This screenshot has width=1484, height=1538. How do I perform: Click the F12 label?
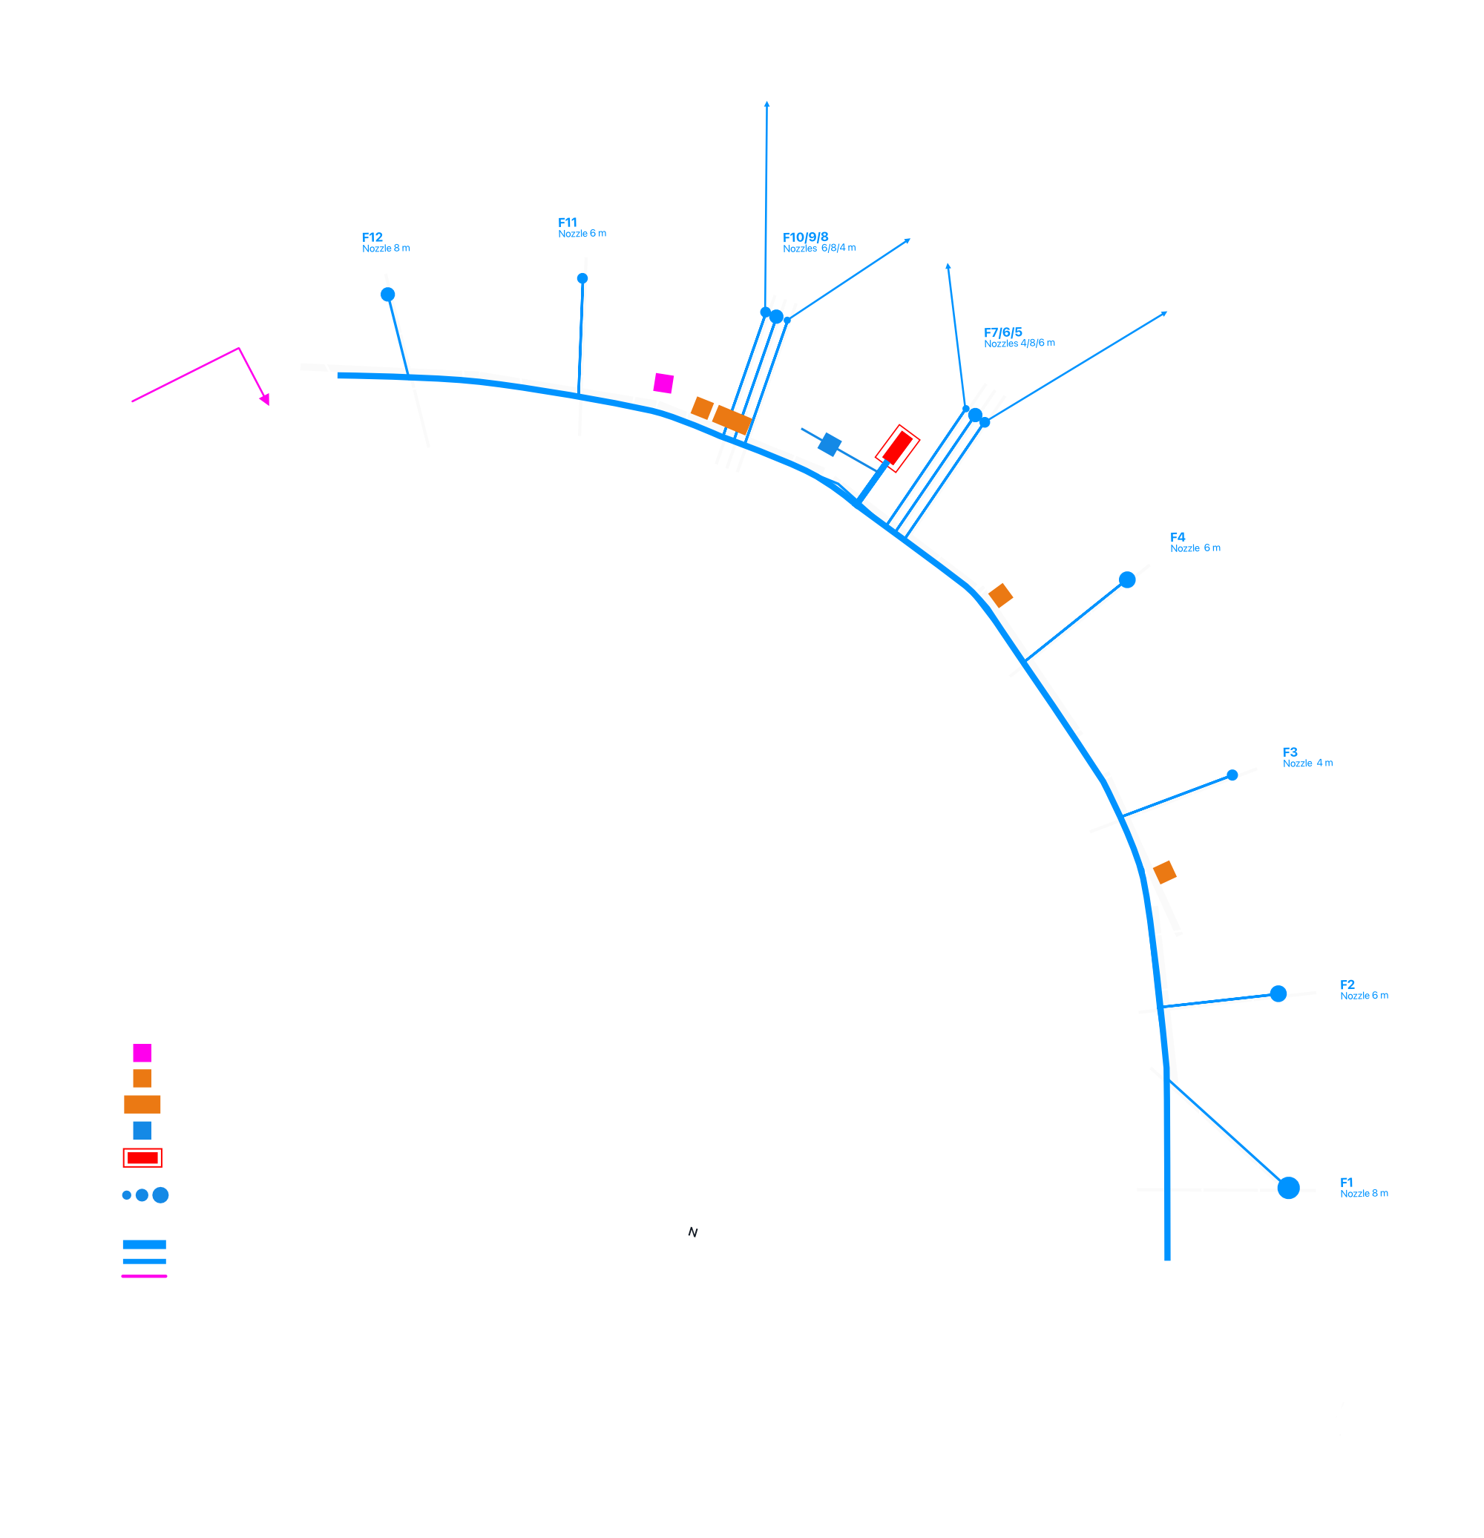372,237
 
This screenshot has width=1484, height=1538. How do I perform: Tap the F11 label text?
568,223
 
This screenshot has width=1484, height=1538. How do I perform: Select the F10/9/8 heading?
805,237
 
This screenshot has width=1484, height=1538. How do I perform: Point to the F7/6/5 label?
1003,332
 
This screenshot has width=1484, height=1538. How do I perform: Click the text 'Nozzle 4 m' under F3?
1307,763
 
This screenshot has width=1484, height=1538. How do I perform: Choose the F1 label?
1347,1183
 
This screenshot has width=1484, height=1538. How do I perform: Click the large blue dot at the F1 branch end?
1288,1188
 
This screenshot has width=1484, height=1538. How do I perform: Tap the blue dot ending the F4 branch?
1127,580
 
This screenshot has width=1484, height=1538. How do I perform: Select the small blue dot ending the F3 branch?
1232,775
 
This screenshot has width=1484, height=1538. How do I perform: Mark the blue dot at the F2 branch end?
1278,994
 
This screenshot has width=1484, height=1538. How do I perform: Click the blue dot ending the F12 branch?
387,295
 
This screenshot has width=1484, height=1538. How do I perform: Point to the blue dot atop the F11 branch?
582,278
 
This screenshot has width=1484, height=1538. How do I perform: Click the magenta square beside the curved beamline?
663,384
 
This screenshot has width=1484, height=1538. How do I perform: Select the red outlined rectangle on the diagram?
897,449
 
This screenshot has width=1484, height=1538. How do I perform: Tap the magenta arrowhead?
265,399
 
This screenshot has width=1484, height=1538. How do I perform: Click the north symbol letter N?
693,1233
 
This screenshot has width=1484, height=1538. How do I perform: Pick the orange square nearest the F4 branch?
1000,596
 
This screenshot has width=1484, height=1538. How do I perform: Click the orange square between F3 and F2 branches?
1165,872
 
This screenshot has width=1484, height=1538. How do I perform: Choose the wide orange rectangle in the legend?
142,1105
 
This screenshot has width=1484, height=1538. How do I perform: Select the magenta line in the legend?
145,1277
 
